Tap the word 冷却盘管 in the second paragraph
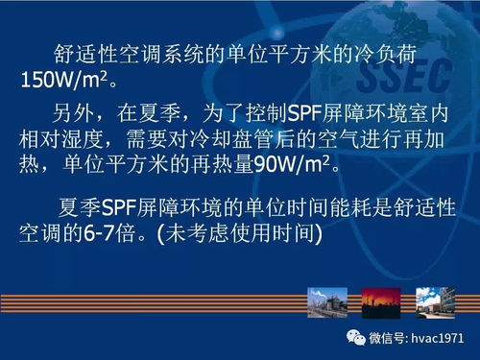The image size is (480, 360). point(250,138)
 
